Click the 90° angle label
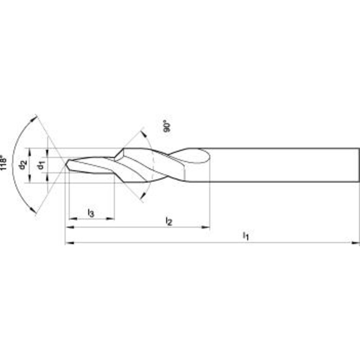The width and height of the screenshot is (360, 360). click(x=167, y=127)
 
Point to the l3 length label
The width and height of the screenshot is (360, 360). click(x=91, y=213)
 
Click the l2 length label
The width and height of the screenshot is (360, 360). click(x=169, y=221)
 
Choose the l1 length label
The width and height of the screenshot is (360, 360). click(x=246, y=236)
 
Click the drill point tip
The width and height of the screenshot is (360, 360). click(x=66, y=165)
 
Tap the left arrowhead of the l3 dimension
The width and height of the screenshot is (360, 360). click(x=73, y=219)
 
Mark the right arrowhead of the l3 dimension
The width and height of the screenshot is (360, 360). click(x=110, y=219)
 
